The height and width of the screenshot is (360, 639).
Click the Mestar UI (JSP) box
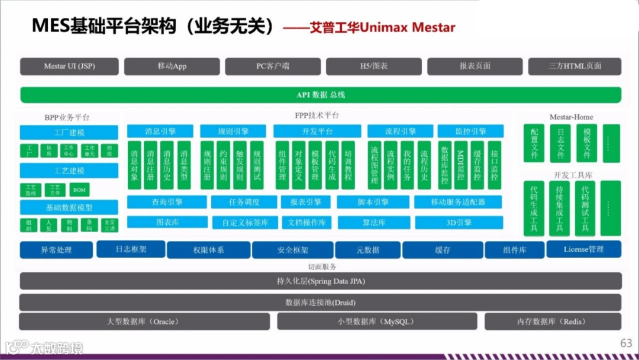[x=69, y=66]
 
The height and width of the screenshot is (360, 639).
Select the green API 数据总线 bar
[x=321, y=95]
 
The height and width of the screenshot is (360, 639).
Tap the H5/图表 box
[x=373, y=66]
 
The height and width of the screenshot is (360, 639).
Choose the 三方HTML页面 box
[x=575, y=66]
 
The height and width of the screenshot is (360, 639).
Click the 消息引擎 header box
[x=160, y=131]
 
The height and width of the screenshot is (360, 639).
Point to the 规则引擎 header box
[x=233, y=131]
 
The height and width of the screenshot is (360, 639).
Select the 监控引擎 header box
[x=470, y=131]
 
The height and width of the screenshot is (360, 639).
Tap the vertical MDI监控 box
[x=461, y=164]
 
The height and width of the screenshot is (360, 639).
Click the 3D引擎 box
[x=459, y=223]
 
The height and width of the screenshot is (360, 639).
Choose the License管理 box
[x=583, y=249]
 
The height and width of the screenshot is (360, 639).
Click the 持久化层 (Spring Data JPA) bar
[x=321, y=281]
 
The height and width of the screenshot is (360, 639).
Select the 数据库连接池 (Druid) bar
[x=321, y=303]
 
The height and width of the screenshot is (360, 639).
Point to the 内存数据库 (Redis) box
[x=553, y=322]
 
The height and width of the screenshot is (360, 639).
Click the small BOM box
[x=79, y=190]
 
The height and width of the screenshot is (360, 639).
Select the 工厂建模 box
[x=69, y=133]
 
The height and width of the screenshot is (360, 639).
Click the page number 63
[x=626, y=343]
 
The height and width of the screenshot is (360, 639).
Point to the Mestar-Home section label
[x=571, y=117]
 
